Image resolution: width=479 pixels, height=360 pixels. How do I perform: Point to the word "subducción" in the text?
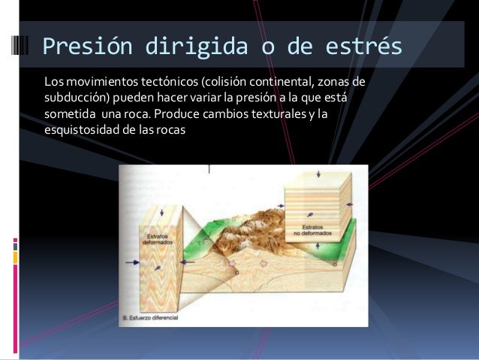click(x=76, y=97)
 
